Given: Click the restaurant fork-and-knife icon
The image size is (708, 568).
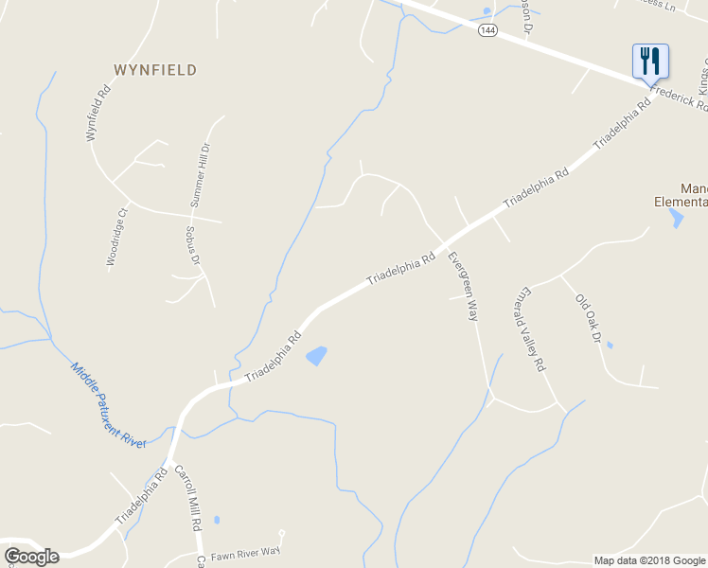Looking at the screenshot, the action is (x=650, y=62).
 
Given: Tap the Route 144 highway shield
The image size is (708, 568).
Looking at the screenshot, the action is (x=487, y=30).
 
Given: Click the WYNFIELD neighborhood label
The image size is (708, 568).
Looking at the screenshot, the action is (x=155, y=70).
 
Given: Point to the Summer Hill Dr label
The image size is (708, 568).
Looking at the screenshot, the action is (x=200, y=175).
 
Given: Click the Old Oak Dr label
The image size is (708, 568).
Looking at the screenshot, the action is (x=588, y=317).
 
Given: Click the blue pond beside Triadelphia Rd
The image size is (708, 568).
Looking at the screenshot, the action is (x=316, y=356).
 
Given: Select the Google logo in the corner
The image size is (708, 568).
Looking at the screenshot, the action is (x=31, y=556).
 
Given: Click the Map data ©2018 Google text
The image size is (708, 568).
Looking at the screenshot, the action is (x=648, y=560).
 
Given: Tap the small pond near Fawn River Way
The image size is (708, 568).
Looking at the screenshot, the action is (x=217, y=520).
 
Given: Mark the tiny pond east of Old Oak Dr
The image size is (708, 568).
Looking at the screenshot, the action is (x=609, y=345).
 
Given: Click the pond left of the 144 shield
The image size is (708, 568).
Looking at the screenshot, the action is (x=487, y=11).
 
